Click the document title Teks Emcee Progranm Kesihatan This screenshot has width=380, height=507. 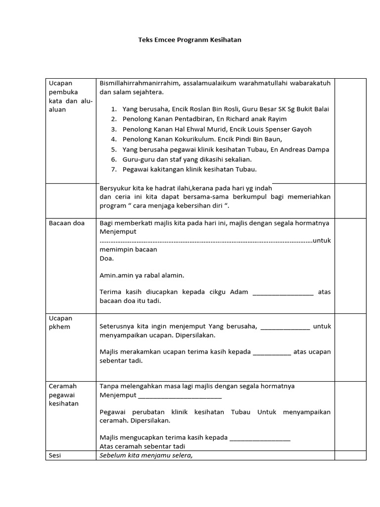[190, 40]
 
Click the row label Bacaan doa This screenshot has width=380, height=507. [67, 223]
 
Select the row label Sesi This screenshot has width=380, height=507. [55, 456]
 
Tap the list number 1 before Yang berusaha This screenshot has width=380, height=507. [113, 109]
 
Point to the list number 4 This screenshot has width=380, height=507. [113, 139]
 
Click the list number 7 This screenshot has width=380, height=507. [113, 169]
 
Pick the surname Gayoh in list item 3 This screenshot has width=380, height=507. [301, 129]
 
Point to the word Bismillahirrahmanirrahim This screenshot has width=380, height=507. [139, 83]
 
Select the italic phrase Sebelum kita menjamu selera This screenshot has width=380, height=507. [145, 456]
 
